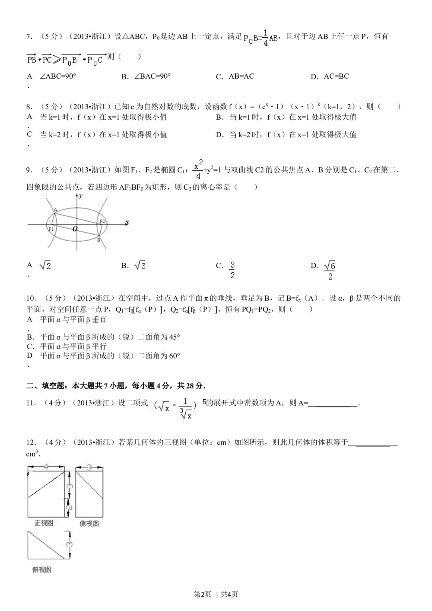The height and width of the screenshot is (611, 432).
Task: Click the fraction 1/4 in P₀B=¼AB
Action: click(265, 38)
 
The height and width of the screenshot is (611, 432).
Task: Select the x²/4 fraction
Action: click(197, 171)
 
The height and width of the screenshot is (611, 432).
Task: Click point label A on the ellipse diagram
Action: click(55, 210)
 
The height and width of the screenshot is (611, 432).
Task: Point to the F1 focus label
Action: click(51, 229)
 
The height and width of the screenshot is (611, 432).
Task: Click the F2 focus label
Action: click(102, 221)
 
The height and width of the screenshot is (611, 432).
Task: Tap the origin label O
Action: click(75, 229)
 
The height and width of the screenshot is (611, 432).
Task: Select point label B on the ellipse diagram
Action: click(98, 240)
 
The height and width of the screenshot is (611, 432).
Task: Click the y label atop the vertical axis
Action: click(81, 196)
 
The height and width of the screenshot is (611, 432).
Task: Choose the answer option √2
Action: click(45, 267)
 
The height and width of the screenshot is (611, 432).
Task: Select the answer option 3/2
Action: click(232, 270)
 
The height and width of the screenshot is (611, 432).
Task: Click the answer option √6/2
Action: click(329, 271)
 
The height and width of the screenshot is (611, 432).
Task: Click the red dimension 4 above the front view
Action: click(46, 467)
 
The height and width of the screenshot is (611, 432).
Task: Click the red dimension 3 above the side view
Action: click(89, 467)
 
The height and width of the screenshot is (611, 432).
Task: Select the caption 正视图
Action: click(44, 523)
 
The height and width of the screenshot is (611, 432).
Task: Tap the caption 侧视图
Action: click(89, 523)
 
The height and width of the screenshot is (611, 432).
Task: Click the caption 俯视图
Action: click(41, 570)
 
